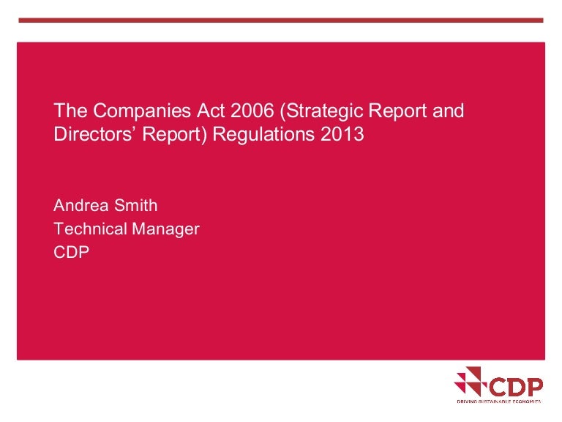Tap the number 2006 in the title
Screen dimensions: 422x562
231,111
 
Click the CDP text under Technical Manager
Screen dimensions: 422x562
72,251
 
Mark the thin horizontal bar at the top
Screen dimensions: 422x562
281,20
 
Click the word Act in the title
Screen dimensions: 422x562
186,111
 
